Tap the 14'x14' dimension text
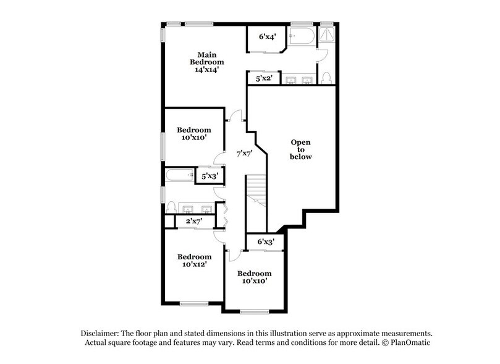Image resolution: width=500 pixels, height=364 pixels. coord(206,71)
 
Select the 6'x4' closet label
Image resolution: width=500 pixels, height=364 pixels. coord(266,37)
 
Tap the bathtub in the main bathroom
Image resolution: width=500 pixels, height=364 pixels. coord(303,38)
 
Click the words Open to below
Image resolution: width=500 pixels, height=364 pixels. coord(301,149)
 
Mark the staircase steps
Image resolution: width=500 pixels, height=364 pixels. coord(255,193)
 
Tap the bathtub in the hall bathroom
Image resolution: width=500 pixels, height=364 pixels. coord(180,176)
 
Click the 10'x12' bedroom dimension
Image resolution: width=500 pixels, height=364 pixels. coord(194,264)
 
